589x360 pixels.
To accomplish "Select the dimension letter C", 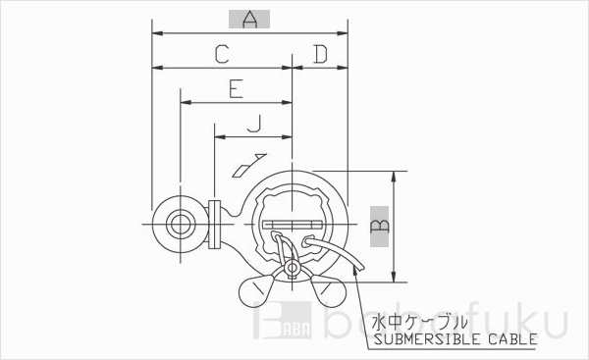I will coord(222,55).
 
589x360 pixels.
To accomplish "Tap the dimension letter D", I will coord(319,55).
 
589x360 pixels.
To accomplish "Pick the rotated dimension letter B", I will coord(377,226).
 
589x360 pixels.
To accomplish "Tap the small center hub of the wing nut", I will coord(293,269).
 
